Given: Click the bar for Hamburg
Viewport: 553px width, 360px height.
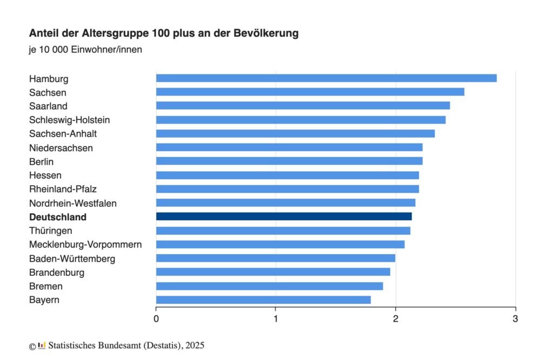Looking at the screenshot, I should [326, 78].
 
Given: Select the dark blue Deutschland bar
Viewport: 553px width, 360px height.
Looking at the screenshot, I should [284, 216].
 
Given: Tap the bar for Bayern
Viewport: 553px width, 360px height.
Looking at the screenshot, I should [263, 300].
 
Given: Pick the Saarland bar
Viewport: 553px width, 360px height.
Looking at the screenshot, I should [302, 106].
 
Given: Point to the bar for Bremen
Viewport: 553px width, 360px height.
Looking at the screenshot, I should [269, 286].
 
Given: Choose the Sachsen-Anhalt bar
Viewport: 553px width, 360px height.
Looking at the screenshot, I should [295, 133].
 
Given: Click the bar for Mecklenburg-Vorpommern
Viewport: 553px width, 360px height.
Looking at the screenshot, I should [280, 244].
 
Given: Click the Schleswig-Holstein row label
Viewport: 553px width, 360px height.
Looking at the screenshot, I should [70, 120].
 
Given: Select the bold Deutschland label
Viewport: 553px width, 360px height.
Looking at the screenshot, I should [58, 217].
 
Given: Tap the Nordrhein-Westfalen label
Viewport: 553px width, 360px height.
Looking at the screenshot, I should [73, 203].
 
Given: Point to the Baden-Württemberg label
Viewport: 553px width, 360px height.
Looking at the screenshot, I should [72, 259].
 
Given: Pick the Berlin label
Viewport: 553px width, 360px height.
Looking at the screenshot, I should [42, 161].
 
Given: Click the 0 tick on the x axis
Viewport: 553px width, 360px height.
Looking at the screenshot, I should [156, 318].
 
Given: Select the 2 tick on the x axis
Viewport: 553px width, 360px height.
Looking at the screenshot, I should [395, 318].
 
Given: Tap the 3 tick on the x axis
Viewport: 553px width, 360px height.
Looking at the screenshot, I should [515, 318].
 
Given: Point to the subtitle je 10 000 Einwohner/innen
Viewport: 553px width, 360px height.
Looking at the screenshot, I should [85, 50].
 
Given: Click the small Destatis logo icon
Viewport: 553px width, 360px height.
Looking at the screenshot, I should [42, 345].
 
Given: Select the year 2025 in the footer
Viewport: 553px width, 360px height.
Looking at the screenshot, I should [195, 345].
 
